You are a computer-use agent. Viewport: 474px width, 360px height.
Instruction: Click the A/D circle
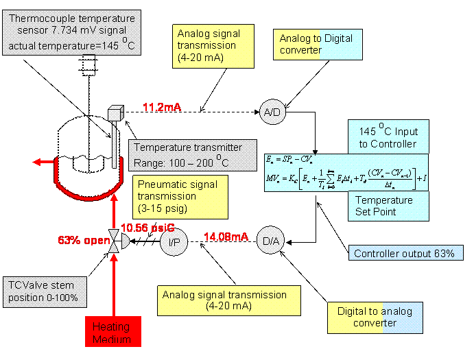point(272,112)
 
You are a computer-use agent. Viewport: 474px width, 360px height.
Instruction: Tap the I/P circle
point(174,241)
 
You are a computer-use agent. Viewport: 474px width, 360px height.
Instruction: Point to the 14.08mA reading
point(226,237)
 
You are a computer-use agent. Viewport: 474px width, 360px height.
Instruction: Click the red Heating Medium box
point(111,333)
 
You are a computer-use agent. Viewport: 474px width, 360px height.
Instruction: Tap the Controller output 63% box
point(403,254)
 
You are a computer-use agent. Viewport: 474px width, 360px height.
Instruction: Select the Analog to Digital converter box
point(318,44)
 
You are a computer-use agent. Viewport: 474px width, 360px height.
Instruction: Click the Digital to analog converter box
point(375,317)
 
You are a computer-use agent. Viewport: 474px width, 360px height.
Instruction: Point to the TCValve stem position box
point(47,291)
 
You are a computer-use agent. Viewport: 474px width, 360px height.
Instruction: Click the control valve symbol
point(115,240)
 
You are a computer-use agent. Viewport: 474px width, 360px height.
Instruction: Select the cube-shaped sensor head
point(115,113)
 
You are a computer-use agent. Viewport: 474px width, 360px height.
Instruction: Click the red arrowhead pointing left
point(40,162)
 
